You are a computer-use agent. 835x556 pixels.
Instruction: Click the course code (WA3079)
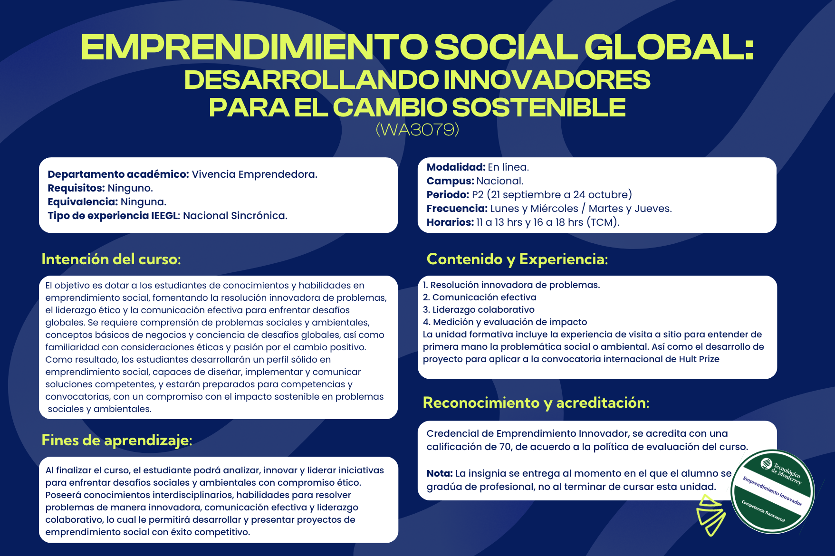point(417,129)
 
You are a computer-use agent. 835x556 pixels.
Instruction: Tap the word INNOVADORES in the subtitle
point(547,80)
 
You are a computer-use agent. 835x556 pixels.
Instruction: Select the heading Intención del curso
point(111,259)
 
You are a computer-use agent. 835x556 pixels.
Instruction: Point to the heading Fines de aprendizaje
point(117,441)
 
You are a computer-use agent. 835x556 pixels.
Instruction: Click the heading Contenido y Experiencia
point(517,259)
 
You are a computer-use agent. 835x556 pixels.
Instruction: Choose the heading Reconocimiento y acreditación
point(536,403)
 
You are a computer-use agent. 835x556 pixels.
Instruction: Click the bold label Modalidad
point(456,167)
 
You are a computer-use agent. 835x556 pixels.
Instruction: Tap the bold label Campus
point(450,181)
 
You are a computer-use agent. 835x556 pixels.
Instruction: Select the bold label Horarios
point(450,222)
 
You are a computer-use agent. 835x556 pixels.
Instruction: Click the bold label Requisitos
point(76,188)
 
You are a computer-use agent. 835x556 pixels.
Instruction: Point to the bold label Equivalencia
point(83,202)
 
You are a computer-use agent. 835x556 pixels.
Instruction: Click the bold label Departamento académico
point(118,174)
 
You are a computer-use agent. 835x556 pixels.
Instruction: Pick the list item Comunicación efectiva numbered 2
point(480,297)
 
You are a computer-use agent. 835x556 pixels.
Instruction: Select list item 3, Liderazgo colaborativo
point(479,310)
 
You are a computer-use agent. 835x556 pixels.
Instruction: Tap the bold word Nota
point(440,473)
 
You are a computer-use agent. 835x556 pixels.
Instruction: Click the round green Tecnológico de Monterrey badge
point(773,492)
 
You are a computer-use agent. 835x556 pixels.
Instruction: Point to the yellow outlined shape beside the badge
point(710,515)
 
